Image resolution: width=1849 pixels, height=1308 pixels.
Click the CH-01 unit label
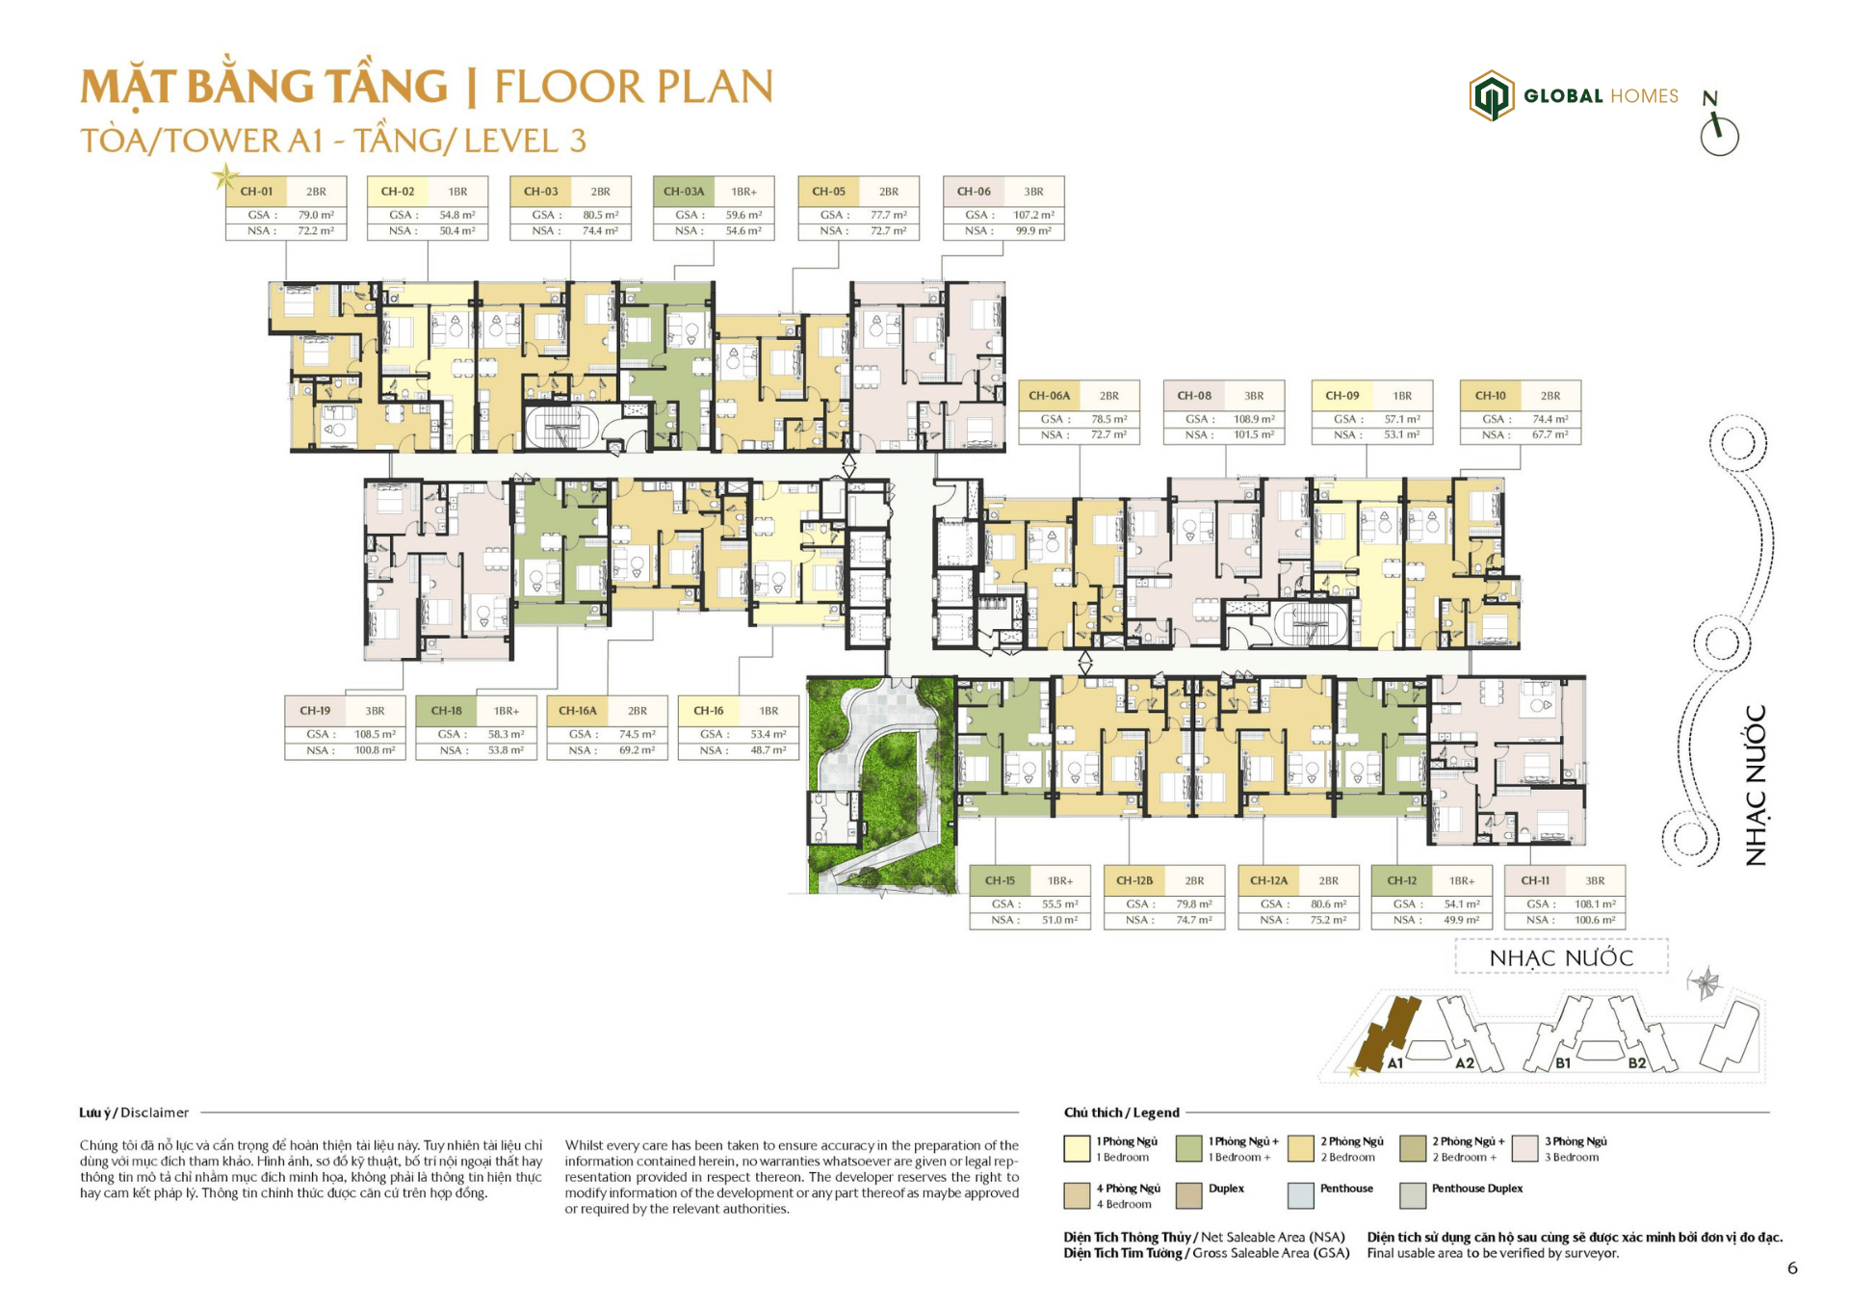pyautogui.click(x=256, y=192)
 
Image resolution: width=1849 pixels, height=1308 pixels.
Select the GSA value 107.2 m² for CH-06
pyautogui.click(x=1032, y=215)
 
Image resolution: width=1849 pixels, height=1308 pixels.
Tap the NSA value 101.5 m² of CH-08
pyautogui.click(x=1253, y=435)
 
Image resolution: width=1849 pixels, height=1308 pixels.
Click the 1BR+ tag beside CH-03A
pyautogui.click(x=743, y=192)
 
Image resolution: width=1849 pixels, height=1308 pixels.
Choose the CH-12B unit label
pyautogui.click(x=1133, y=880)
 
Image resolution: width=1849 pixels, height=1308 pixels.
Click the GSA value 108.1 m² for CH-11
pyautogui.click(x=1595, y=904)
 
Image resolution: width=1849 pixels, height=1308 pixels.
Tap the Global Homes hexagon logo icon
pyautogui.click(x=1491, y=95)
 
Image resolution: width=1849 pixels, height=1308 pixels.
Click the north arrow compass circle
pyautogui.click(x=1719, y=137)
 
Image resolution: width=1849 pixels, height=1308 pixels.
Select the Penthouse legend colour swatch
pyautogui.click(x=1300, y=1195)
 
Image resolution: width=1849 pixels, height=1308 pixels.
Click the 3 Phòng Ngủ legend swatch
pyautogui.click(x=1524, y=1148)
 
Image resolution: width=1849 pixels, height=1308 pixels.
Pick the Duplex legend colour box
pyautogui.click(x=1188, y=1195)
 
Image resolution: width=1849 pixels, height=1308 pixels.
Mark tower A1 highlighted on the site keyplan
pyautogui.click(x=1387, y=1035)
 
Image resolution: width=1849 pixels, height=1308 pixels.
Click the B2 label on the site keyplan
pyautogui.click(x=1636, y=1063)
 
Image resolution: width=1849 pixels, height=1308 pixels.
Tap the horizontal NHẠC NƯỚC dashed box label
pyautogui.click(x=1561, y=958)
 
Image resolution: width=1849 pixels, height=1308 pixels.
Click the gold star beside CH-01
pyautogui.click(x=225, y=176)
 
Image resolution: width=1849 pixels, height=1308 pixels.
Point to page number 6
pyautogui.click(x=1791, y=1269)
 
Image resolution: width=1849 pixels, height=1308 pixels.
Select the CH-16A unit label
pyautogui.click(x=577, y=711)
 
